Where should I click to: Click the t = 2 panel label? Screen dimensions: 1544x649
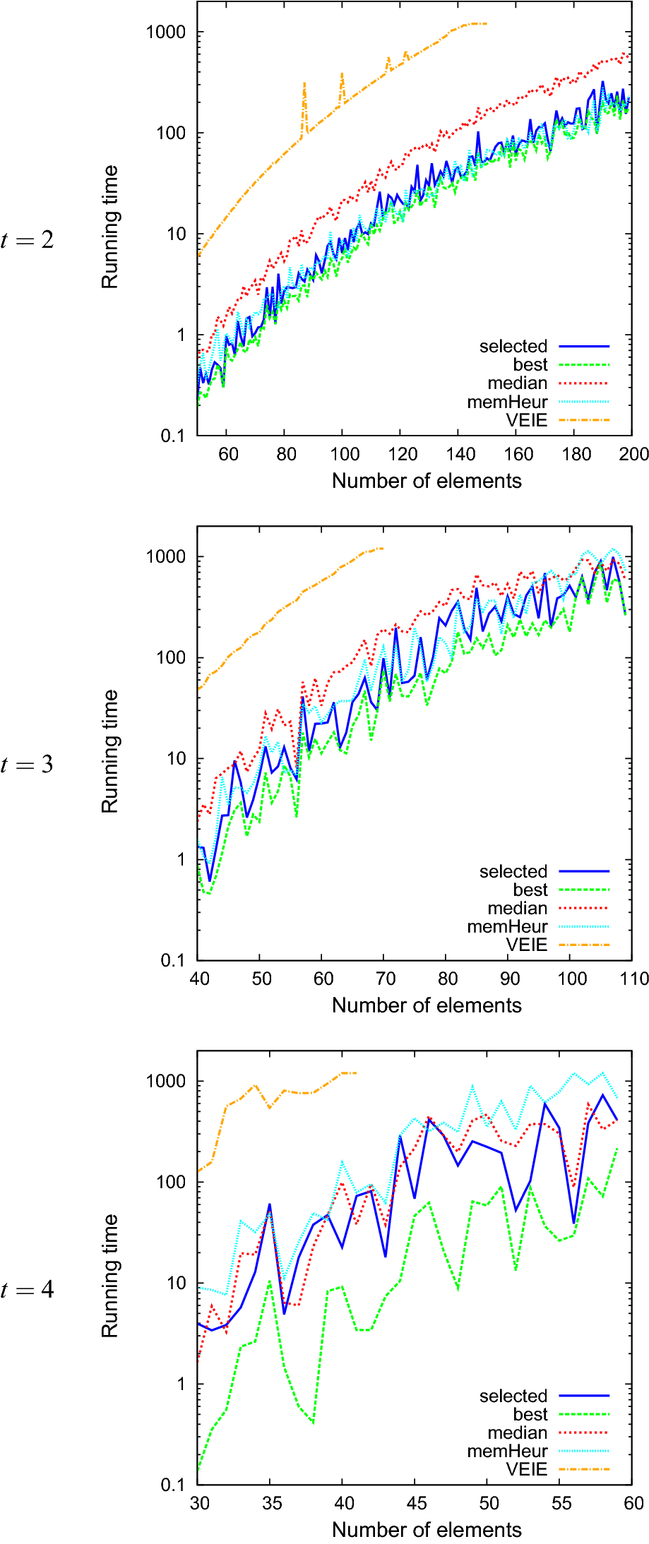tap(27, 240)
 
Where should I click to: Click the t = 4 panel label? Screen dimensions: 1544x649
tap(27, 1290)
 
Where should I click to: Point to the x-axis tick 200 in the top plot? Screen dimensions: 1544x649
tap(633, 454)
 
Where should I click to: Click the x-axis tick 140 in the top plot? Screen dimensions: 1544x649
tap(460, 454)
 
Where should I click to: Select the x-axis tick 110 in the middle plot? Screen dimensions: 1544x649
tap(633, 979)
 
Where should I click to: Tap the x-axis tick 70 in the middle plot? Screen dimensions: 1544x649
tap(386, 979)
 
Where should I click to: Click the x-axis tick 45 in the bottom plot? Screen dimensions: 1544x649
tap(416, 1503)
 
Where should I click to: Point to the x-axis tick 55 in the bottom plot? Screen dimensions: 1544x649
tap(561, 1503)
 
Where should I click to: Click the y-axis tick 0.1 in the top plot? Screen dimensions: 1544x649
tap(172, 436)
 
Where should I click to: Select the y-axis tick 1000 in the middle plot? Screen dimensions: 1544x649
tap(166, 556)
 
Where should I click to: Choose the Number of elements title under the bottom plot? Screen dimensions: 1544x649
tap(427, 1530)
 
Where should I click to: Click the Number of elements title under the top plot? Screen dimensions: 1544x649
tap(427, 481)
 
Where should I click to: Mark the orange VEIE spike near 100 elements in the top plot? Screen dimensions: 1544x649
tap(342, 74)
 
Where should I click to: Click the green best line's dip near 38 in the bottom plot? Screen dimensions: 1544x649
tap(313, 1423)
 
